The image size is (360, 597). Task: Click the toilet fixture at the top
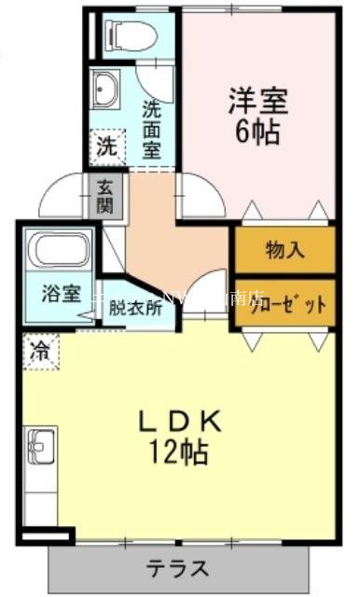click(122, 34)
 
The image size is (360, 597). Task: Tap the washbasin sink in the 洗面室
click(104, 90)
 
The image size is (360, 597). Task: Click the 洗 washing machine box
click(107, 146)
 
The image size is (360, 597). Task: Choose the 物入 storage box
click(284, 249)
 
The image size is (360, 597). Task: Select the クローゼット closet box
click(284, 303)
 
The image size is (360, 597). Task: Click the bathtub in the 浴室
click(57, 251)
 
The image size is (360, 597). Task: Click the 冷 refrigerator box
click(39, 352)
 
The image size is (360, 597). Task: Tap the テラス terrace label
click(178, 567)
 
